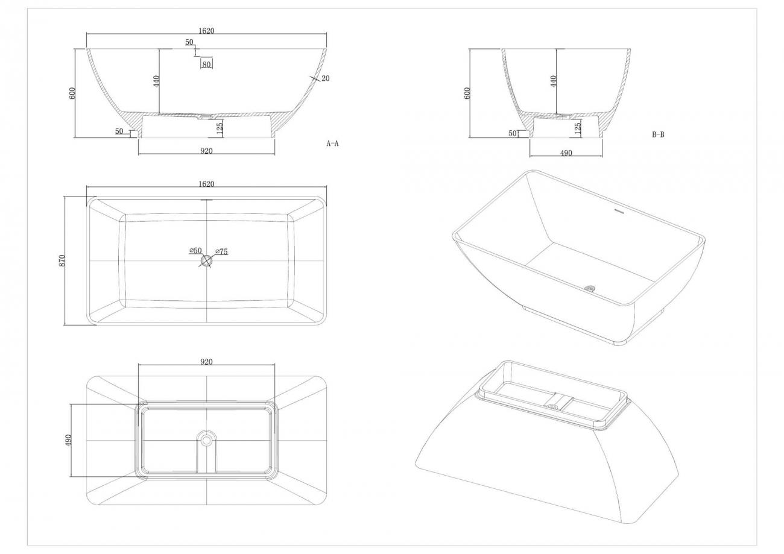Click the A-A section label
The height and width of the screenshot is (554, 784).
coord(332,143)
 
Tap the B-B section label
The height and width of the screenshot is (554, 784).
coord(658,134)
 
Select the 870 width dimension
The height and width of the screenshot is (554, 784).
coord(62,261)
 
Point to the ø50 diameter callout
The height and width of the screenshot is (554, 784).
coord(195,250)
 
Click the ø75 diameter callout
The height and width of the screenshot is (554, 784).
coord(221,251)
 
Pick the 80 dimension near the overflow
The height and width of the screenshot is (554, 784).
coord(206,65)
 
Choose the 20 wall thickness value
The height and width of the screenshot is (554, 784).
coord(326,78)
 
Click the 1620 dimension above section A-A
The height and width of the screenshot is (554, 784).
coord(206,31)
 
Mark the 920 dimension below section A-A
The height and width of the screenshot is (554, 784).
coord(206,151)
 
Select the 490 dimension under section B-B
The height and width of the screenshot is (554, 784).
coord(566,153)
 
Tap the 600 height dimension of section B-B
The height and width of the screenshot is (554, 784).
coord(467,93)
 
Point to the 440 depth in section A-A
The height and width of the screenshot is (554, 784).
coord(156,81)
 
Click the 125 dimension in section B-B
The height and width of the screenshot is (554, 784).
coord(578,128)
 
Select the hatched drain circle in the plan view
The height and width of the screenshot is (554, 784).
coord(206,260)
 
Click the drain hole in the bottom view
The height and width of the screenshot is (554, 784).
coord(206,440)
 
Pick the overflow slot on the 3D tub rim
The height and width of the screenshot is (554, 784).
coord(620,211)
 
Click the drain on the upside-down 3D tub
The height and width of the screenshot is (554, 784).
coord(552,406)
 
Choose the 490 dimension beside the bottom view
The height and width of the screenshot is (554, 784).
coord(68,440)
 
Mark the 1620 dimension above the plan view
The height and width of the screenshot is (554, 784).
coord(206,184)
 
